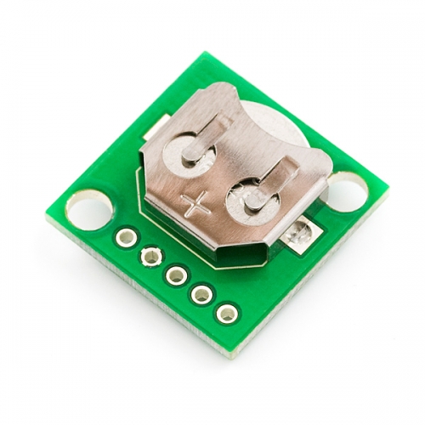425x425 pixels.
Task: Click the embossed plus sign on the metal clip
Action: click(x=195, y=204)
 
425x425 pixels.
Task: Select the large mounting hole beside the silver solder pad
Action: click(x=347, y=188)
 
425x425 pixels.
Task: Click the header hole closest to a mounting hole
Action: click(x=126, y=236)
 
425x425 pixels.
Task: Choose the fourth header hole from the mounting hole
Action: click(x=201, y=294)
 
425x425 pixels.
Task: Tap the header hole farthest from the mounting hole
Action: click(x=226, y=313)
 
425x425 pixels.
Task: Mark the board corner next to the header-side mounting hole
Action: click(x=59, y=209)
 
